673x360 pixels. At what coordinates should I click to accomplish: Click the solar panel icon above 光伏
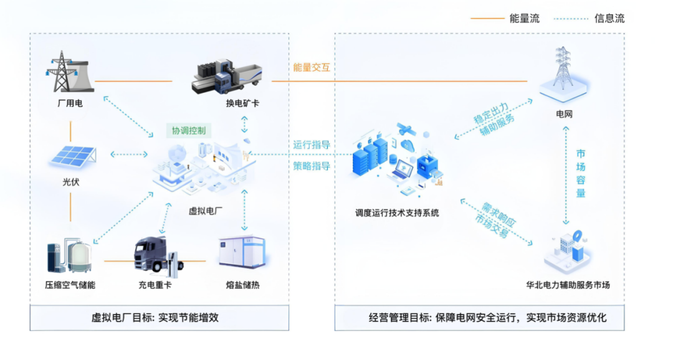[72, 156]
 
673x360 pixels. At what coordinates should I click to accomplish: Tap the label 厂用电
[70, 103]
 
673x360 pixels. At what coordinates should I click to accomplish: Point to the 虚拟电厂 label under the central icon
[206, 211]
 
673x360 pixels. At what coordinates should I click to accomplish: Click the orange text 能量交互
[312, 67]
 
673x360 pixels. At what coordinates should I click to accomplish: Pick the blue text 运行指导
[312, 144]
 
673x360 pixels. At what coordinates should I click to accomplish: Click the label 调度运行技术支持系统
[397, 213]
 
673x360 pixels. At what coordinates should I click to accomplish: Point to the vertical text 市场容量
[580, 173]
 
